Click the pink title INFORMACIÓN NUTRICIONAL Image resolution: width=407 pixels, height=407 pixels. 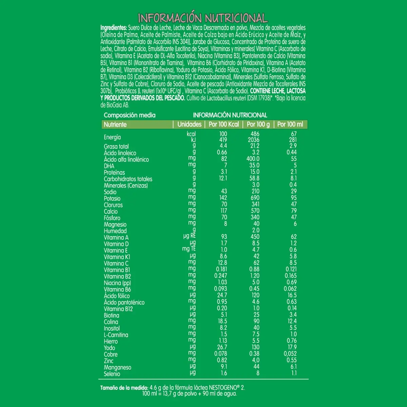[x=203, y=18]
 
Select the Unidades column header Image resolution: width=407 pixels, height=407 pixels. [x=189, y=124]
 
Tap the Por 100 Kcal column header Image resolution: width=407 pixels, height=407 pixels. [x=224, y=124]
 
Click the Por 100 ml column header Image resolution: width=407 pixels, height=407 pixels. [x=290, y=124]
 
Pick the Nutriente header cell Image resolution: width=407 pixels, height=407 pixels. [x=115, y=124]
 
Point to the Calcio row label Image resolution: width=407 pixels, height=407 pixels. [x=111, y=211]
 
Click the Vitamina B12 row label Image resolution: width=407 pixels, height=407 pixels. [x=118, y=309]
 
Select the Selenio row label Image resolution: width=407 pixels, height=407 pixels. [x=112, y=374]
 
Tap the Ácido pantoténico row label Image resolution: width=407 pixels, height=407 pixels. [x=124, y=303]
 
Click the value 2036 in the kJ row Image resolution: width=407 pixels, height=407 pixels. [x=253, y=140]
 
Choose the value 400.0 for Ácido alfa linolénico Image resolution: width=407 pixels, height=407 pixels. [x=253, y=159]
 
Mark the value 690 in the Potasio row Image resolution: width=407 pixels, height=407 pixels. [x=255, y=198]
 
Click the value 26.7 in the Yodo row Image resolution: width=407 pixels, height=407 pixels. [x=222, y=347]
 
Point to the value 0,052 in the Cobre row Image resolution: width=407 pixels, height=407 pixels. [x=290, y=353]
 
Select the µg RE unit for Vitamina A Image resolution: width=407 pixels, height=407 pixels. [x=189, y=236]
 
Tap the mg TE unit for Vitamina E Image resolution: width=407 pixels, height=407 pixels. [x=189, y=249]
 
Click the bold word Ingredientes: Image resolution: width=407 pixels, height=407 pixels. [x=114, y=28]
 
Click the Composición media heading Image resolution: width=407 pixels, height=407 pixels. [x=130, y=115]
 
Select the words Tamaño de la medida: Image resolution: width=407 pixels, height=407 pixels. [x=124, y=388]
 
